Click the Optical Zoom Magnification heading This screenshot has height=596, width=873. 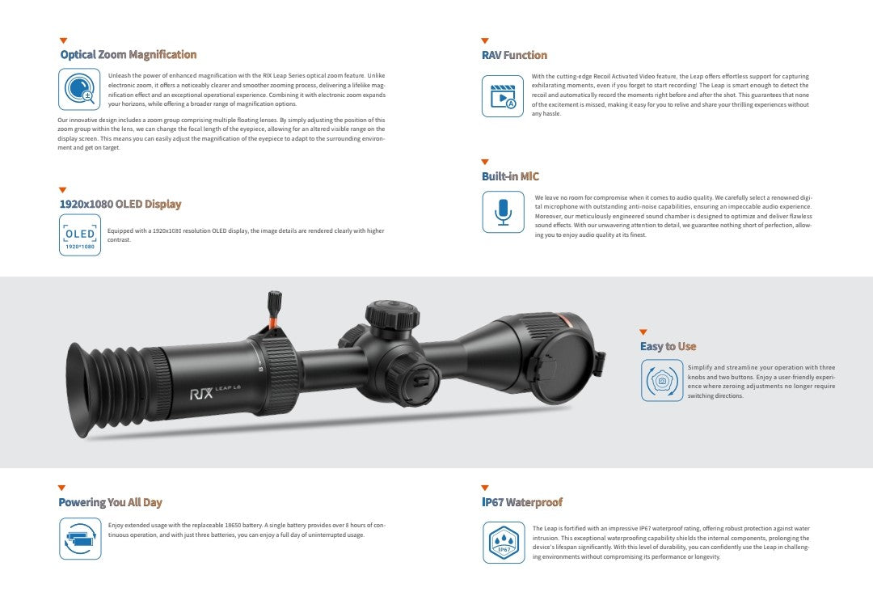tap(128, 55)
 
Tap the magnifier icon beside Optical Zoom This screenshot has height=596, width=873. tap(79, 89)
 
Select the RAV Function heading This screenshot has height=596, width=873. tap(514, 56)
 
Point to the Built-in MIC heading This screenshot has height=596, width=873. tap(510, 176)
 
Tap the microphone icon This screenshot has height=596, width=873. tap(503, 212)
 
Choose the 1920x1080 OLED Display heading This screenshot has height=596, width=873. tap(120, 205)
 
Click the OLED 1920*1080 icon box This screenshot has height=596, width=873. tap(79, 235)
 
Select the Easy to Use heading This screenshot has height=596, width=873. tap(668, 347)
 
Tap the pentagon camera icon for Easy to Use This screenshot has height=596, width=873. tap(661, 380)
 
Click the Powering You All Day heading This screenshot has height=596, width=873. tap(110, 503)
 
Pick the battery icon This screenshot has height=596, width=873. tap(79, 538)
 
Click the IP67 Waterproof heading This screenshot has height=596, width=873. tap(521, 503)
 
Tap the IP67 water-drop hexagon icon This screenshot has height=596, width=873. tap(503, 542)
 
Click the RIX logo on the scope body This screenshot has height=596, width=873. tap(200, 395)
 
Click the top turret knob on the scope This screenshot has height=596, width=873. tap(391, 315)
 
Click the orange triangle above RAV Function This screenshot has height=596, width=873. tap(485, 40)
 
